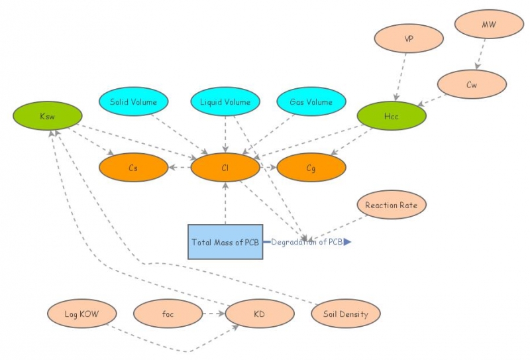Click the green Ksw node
(x=47, y=116)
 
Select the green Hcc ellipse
(x=392, y=115)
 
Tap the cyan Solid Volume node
(x=134, y=102)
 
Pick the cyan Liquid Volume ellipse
(x=225, y=102)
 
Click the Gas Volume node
(x=311, y=102)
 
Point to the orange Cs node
(x=134, y=168)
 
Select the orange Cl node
(x=225, y=168)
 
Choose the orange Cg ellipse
(x=311, y=168)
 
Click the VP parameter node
(x=409, y=38)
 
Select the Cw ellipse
(x=472, y=84)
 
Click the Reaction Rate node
(x=392, y=205)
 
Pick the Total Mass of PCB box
(x=225, y=242)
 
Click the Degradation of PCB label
(x=307, y=242)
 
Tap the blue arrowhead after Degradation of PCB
(x=347, y=242)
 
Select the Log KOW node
(x=81, y=314)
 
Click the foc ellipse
(x=168, y=314)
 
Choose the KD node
(x=260, y=314)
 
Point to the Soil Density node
(x=346, y=314)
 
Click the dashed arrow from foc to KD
(x=213, y=314)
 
